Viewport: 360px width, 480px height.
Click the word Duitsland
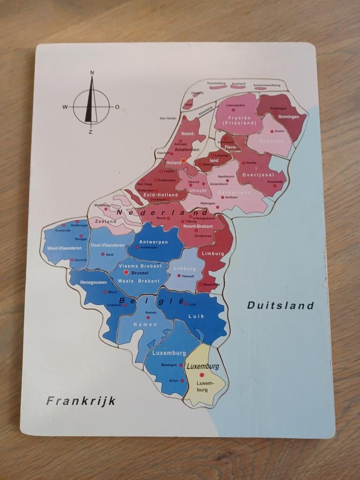point(280,306)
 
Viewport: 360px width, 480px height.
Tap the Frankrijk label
point(81,401)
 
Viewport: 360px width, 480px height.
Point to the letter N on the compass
point(92,73)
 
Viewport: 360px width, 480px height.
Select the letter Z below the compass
point(91,132)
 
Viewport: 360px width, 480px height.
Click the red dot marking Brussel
point(126,272)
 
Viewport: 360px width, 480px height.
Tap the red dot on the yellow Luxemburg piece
point(202,375)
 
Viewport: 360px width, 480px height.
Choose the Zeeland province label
point(105,221)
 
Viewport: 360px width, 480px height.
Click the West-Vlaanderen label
point(64,248)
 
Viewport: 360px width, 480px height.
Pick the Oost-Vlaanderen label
point(107,245)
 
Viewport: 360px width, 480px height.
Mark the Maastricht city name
point(212,285)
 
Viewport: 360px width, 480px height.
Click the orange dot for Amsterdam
point(184,160)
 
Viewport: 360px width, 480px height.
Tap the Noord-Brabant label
point(198,226)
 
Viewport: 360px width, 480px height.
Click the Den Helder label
point(168,118)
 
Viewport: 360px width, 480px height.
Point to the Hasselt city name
point(188,276)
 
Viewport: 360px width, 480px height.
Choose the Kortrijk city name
point(82,260)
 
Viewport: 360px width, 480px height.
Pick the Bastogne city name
point(169,365)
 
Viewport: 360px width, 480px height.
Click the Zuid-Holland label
point(160,195)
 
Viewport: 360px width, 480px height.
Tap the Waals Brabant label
point(139,281)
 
